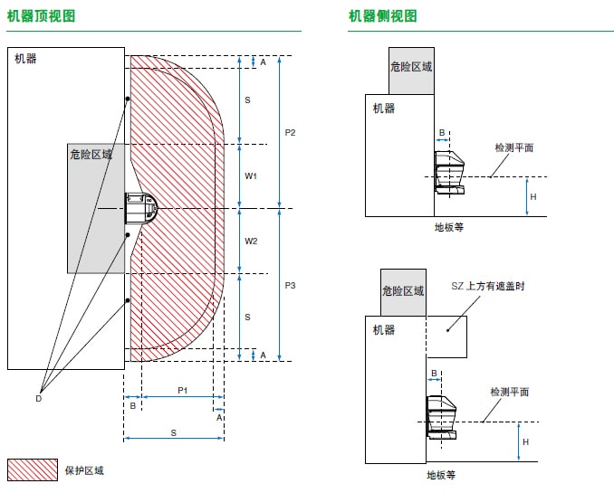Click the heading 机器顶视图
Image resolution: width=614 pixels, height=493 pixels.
41,16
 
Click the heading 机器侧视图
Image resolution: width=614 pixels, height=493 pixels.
383,16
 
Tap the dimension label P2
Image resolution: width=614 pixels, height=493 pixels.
290,133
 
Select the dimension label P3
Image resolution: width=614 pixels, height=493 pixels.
290,286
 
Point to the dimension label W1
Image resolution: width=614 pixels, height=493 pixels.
252,176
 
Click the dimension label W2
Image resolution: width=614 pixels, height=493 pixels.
252,242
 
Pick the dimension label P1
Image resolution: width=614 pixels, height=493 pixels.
182,390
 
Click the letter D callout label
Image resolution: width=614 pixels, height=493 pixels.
39,398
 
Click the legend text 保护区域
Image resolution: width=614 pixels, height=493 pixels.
84,470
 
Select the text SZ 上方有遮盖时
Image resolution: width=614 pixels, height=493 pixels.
488,286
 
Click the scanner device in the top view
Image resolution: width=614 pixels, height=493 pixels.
140,209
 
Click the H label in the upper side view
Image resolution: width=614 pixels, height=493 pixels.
532,197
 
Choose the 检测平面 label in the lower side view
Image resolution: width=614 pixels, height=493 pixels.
510,392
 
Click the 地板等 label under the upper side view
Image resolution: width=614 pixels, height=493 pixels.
449,228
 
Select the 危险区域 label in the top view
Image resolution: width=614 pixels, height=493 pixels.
91,155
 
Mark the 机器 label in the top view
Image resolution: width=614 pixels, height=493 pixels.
26,59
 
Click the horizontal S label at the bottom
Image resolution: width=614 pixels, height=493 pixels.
173,433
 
